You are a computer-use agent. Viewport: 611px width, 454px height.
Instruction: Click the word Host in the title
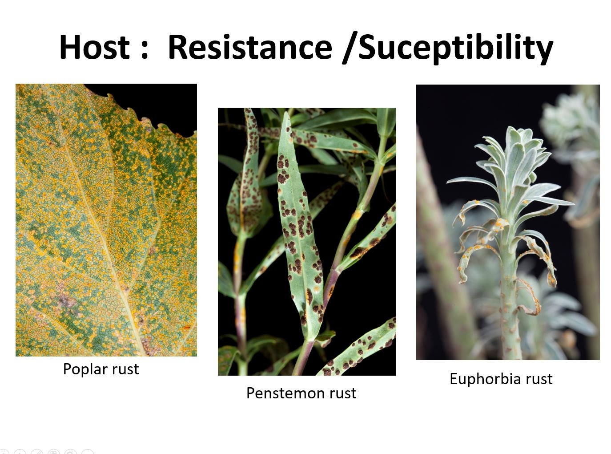tap(94, 47)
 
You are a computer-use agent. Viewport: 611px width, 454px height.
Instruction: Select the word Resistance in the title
tap(250, 47)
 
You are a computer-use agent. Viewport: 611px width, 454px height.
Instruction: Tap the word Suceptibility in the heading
tap(456, 49)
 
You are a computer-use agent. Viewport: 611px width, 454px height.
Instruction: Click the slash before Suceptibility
tap(350, 48)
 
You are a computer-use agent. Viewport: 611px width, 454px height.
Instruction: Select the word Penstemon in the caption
tap(284, 393)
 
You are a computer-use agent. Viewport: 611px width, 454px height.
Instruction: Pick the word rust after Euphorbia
tap(539, 379)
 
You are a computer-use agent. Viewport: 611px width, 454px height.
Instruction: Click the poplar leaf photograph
tap(106, 220)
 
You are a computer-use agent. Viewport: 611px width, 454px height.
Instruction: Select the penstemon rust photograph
tap(307, 242)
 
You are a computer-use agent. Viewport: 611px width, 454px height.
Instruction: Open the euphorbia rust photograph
tap(508, 222)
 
